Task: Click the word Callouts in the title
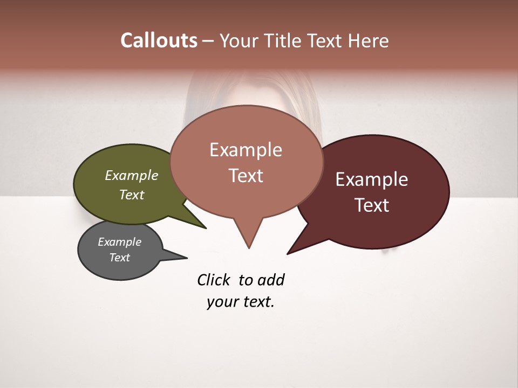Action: (159, 40)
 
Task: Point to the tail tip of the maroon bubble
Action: (288, 253)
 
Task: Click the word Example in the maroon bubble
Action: (372, 179)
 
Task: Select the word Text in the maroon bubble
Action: (372, 205)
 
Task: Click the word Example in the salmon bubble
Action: (246, 150)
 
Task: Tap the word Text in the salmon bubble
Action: (246, 176)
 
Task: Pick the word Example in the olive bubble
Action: (132, 175)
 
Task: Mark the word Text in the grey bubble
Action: (119, 258)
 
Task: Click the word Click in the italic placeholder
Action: (213, 280)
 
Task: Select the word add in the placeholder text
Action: (271, 280)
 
